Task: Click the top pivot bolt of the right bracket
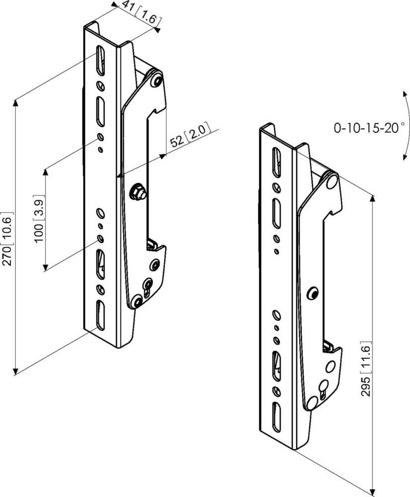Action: pyautogui.click(x=331, y=182)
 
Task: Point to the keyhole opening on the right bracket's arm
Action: pyautogui.click(x=323, y=387)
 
